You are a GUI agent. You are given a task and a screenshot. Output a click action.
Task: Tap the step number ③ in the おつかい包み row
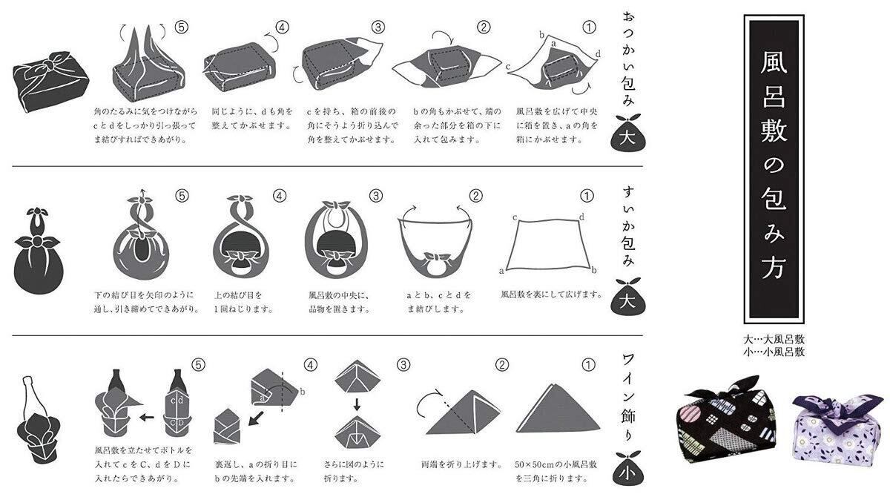[378, 27]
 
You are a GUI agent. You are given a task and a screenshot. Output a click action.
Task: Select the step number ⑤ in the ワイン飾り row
[198, 365]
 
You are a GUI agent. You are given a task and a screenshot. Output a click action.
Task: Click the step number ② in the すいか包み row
[475, 196]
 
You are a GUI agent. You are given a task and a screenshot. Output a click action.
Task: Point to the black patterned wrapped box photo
[727, 419]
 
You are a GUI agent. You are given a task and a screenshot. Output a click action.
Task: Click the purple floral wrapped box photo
[837, 429]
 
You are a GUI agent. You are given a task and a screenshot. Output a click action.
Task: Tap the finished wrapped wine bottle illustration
[38, 420]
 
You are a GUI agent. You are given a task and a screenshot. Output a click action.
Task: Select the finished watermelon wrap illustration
[38, 250]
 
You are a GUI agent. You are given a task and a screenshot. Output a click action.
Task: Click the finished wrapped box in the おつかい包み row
[50, 81]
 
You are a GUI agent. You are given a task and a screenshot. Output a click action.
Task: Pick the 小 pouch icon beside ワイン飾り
[628, 469]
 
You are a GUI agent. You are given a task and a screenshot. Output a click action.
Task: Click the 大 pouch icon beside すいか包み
[628, 297]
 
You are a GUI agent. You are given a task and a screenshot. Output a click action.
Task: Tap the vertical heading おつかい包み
[628, 59]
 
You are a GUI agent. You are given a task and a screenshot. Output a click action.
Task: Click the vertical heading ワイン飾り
[628, 398]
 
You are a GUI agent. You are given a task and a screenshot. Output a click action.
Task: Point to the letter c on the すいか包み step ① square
[515, 217]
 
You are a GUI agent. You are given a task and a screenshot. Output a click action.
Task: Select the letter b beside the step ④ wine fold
[303, 392]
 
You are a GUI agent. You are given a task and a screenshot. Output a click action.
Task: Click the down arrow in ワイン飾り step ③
[357, 405]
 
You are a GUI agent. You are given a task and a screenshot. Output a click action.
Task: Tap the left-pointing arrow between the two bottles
[147, 417]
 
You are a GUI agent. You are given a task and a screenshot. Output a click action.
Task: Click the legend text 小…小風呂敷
[774, 352]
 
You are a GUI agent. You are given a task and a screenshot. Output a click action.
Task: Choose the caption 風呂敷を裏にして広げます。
[552, 294]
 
